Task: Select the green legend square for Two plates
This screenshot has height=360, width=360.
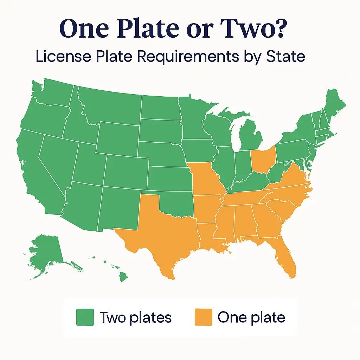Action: tap(85, 317)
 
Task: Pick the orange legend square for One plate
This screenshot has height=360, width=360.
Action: tap(203, 317)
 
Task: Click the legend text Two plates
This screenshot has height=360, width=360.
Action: tap(135, 317)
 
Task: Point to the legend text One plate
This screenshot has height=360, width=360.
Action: tap(251, 317)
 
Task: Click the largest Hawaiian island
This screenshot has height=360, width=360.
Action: tap(123, 277)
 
